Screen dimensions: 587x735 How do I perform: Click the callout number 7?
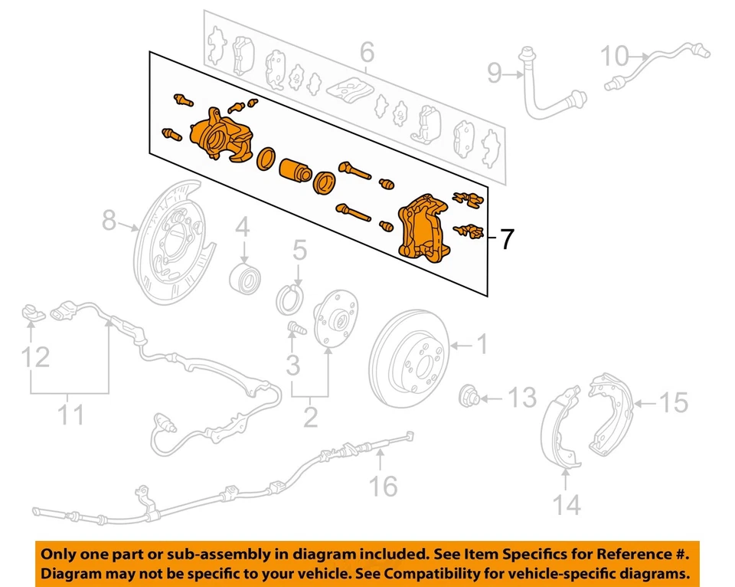506,240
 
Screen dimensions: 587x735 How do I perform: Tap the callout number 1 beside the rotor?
482,346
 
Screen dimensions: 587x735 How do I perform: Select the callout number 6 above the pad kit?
367,53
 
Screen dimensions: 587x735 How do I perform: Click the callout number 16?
385,484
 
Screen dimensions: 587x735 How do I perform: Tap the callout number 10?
614,56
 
